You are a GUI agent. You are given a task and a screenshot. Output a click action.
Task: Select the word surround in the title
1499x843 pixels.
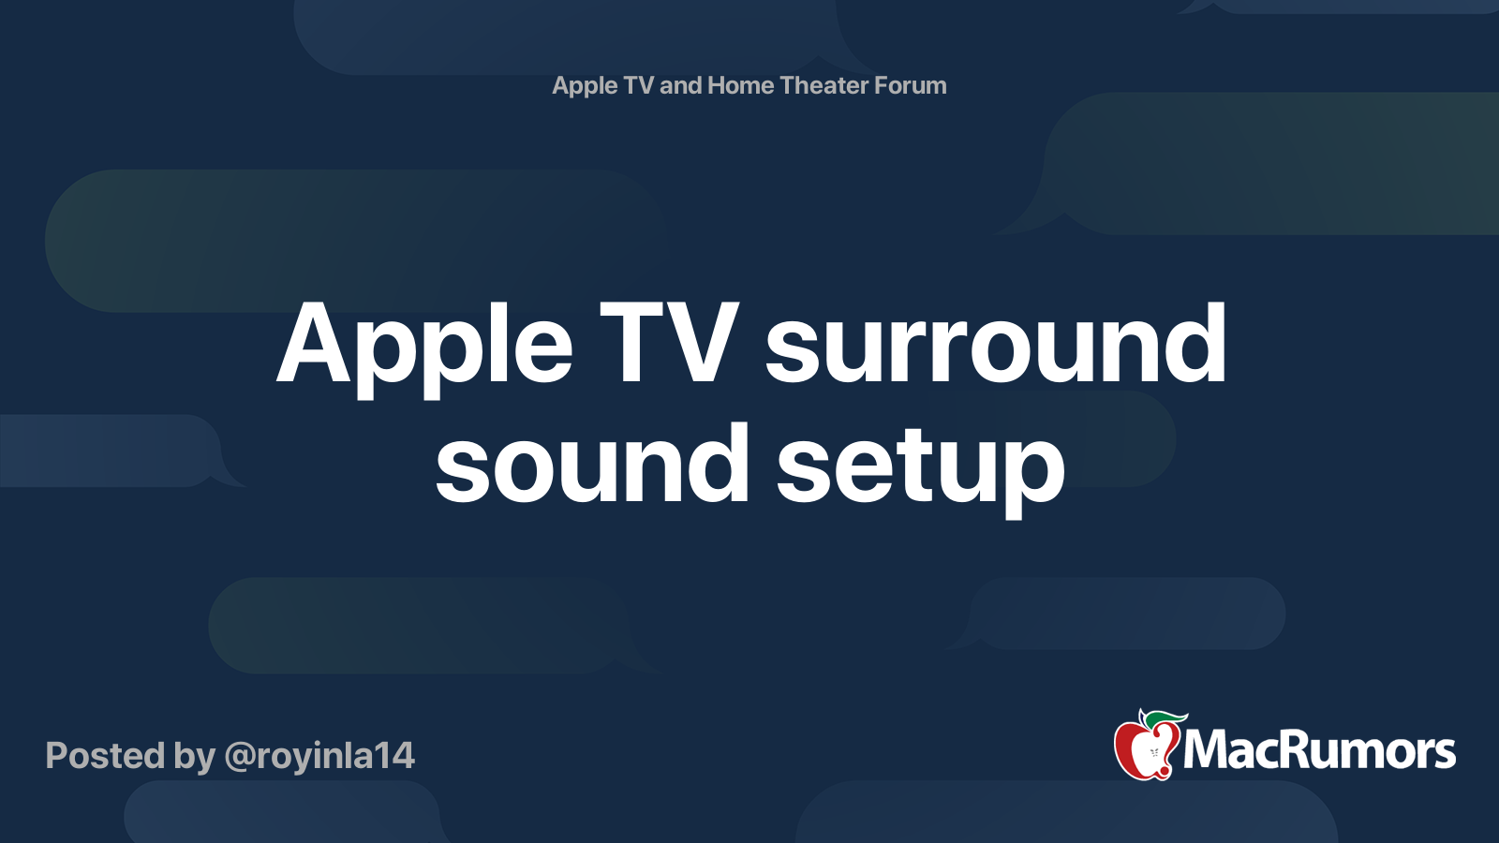point(995,345)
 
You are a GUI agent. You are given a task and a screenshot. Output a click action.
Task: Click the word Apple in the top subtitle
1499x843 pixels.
point(585,86)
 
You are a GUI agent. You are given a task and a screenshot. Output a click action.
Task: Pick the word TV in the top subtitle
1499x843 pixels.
point(638,85)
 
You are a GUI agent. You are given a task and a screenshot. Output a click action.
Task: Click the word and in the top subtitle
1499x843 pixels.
point(681,85)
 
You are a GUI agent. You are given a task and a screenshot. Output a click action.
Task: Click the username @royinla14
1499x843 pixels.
point(319,756)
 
